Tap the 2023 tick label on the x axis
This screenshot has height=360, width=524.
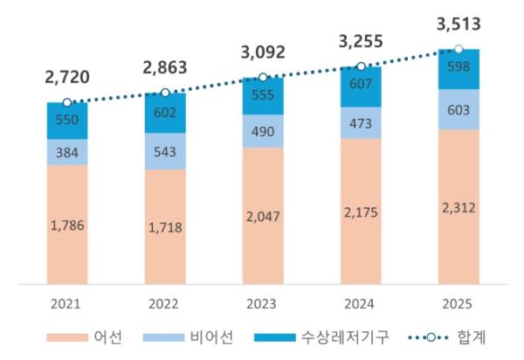(x=263, y=303)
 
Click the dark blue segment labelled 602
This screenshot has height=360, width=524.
(x=164, y=112)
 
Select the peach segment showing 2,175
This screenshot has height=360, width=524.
(x=361, y=214)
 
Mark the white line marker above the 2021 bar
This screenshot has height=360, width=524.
(x=67, y=102)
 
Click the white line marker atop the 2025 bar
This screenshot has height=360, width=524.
(x=458, y=49)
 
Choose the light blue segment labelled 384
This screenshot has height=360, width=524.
(x=67, y=152)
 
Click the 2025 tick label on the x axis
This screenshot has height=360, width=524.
(x=458, y=303)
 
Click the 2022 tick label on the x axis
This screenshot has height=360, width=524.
(x=164, y=303)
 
